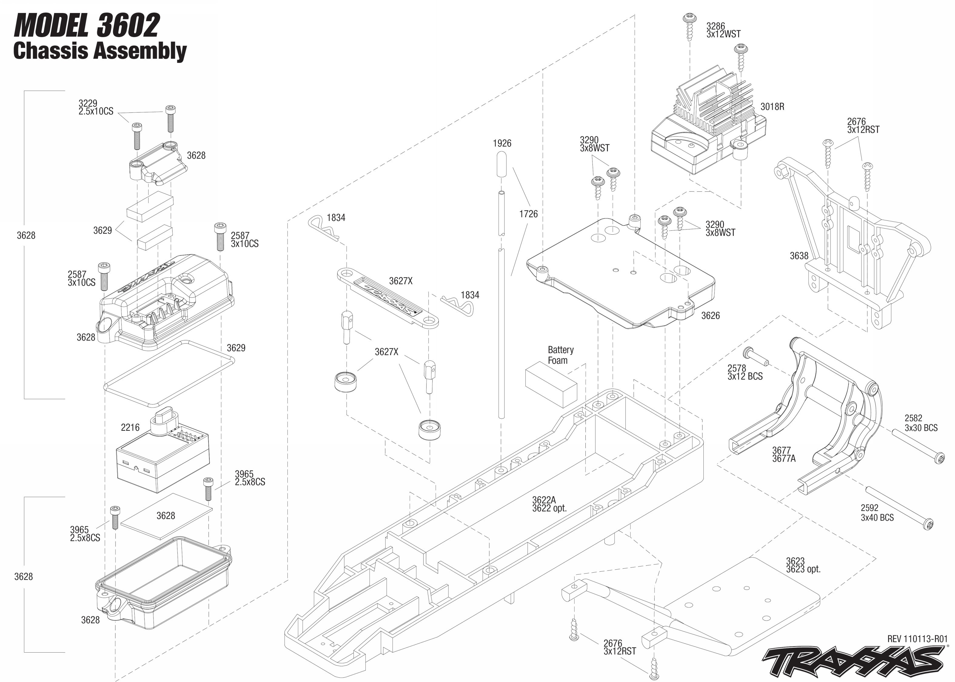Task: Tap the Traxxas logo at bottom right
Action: pyautogui.click(x=853, y=662)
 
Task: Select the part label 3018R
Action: pyautogui.click(x=772, y=107)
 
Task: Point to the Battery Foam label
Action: pyautogui.click(x=560, y=355)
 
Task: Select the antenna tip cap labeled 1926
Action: pyautogui.click(x=501, y=165)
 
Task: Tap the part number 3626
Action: pyautogui.click(x=710, y=315)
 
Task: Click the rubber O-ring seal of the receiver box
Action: pyautogui.click(x=168, y=373)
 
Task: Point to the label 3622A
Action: pyautogui.click(x=543, y=500)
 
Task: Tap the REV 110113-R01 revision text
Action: pyautogui.click(x=917, y=639)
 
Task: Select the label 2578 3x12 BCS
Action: pyautogui.click(x=745, y=372)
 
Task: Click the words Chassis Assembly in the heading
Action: pyautogui.click(x=100, y=51)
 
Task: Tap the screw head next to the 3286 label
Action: pyautogui.click(x=689, y=18)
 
